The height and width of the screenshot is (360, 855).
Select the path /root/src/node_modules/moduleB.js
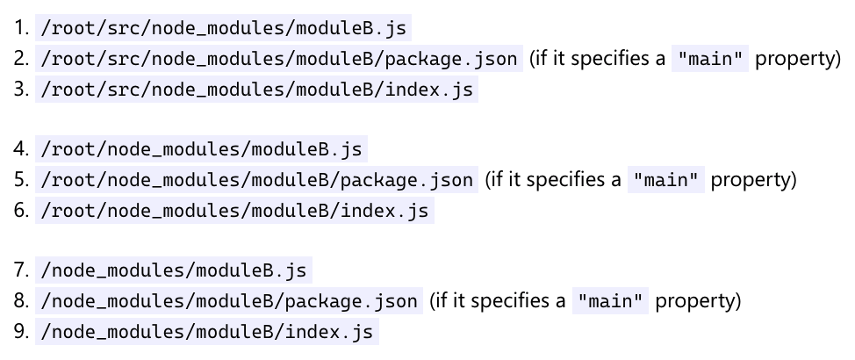point(223,28)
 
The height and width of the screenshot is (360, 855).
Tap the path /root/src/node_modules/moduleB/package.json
point(279,59)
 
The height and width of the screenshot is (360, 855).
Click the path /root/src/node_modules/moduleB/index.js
point(256,90)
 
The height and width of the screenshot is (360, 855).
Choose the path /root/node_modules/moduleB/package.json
point(257,180)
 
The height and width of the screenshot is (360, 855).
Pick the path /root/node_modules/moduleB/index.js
point(234,211)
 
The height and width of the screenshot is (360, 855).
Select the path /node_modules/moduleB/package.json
point(229,301)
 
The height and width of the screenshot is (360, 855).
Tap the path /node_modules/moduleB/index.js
point(206,332)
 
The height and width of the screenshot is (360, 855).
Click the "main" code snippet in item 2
point(710,59)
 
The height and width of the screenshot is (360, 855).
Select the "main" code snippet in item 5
point(666,180)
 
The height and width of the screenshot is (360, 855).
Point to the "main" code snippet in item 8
point(611,301)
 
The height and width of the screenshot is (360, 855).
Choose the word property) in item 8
point(699,301)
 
